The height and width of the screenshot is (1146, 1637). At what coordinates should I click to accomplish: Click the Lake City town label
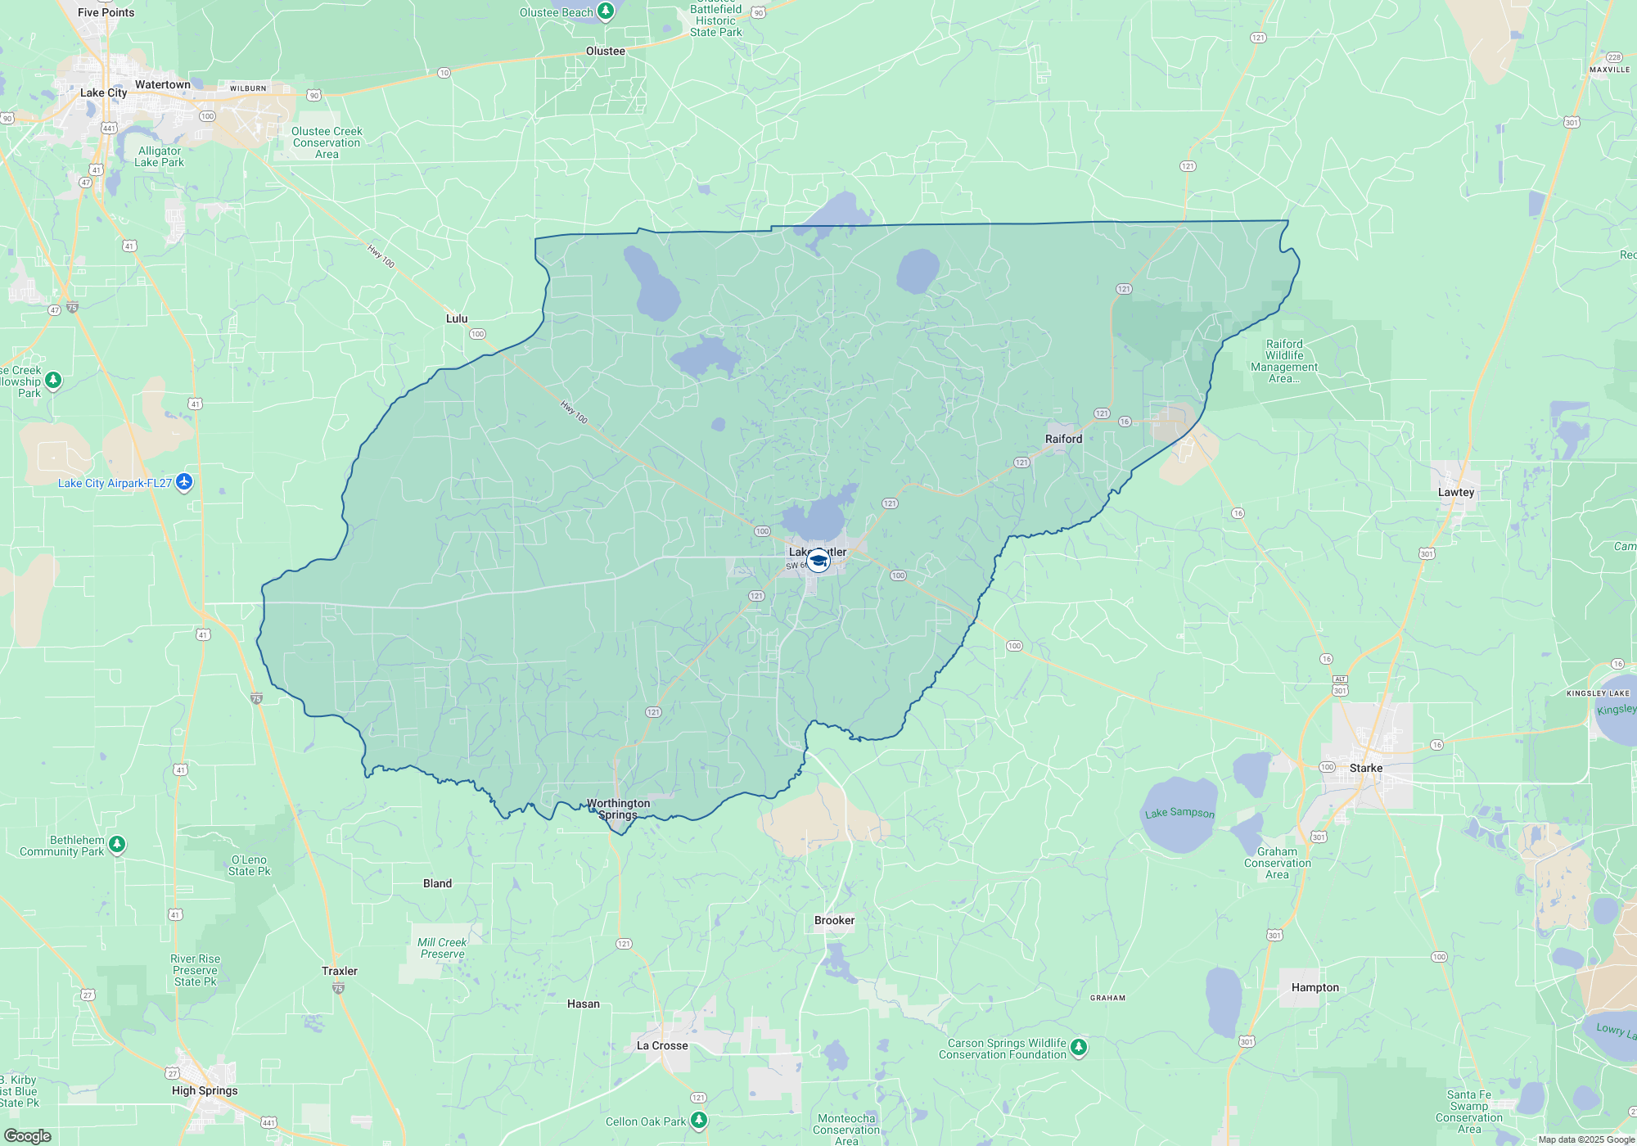[x=103, y=92]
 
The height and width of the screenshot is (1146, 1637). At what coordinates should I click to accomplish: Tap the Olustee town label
[x=605, y=51]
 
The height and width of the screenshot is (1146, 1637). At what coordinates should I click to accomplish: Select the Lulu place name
[x=457, y=318]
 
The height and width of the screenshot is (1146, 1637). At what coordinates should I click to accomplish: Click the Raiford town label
[x=1063, y=439]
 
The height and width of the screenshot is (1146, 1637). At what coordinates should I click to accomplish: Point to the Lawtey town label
[x=1455, y=492]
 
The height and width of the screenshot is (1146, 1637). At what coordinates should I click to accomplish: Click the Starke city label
[x=1365, y=768]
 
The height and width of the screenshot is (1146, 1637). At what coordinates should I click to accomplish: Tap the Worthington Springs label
[x=618, y=809]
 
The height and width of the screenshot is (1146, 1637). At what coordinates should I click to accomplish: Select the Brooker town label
[x=834, y=920]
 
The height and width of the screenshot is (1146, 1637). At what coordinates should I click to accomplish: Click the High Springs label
[x=205, y=1090]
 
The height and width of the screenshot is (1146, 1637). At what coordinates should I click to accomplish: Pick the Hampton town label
[x=1315, y=987]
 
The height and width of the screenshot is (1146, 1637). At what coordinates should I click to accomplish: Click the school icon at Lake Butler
[x=818, y=561]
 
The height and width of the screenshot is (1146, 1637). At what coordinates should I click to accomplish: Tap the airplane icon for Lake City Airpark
[x=184, y=482]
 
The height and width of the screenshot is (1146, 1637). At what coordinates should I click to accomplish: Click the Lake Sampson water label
[x=1179, y=813]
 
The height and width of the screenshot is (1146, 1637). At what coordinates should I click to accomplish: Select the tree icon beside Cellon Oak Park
[x=698, y=1120]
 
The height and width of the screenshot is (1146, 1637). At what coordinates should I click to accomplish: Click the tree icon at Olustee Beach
[x=605, y=11]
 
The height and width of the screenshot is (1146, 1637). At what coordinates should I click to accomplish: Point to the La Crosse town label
[x=662, y=1045]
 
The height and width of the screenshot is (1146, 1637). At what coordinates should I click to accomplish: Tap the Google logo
[x=28, y=1136]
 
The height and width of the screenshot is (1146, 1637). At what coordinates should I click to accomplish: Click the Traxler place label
[x=339, y=971]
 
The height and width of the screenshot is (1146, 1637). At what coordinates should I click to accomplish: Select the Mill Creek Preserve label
[x=442, y=948]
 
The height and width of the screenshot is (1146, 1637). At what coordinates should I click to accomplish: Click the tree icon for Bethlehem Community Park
[x=117, y=844]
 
